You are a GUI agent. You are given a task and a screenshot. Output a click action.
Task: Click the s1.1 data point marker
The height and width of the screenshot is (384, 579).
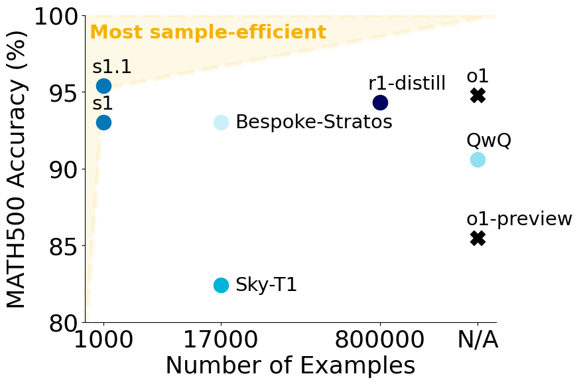(x=103, y=86)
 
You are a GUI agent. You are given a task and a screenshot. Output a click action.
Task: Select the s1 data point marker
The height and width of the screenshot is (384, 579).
(x=103, y=122)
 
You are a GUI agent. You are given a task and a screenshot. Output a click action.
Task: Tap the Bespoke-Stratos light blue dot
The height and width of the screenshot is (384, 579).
(x=221, y=122)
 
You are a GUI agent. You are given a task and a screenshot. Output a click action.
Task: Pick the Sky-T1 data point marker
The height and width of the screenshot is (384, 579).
(x=221, y=285)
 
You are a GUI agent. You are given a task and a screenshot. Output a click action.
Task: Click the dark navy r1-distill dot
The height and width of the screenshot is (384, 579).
(x=380, y=102)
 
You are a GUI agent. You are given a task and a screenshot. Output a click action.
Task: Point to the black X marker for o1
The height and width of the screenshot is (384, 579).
(x=478, y=96)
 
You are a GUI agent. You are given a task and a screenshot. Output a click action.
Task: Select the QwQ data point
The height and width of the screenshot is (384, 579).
(x=478, y=159)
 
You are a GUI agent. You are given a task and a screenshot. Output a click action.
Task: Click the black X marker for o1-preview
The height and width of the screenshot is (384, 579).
(x=478, y=238)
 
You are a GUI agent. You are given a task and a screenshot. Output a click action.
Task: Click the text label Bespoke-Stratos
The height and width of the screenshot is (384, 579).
(x=314, y=122)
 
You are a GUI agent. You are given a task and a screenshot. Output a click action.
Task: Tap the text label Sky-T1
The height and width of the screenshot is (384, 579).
(x=266, y=285)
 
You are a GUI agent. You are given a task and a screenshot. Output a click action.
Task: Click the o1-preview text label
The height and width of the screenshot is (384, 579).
(x=519, y=219)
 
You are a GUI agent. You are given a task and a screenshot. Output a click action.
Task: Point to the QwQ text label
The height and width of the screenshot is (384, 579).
(x=489, y=141)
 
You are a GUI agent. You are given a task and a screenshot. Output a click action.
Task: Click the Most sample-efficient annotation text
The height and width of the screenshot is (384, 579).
(x=208, y=33)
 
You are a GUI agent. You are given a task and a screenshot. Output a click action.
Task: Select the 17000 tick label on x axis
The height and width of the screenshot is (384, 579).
(x=221, y=339)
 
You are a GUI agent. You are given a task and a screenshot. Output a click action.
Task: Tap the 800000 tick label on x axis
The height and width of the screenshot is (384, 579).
(x=380, y=339)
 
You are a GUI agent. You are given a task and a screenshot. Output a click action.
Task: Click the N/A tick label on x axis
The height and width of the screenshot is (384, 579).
(x=478, y=339)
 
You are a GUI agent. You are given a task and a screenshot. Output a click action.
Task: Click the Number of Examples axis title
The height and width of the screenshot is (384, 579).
(x=290, y=366)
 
